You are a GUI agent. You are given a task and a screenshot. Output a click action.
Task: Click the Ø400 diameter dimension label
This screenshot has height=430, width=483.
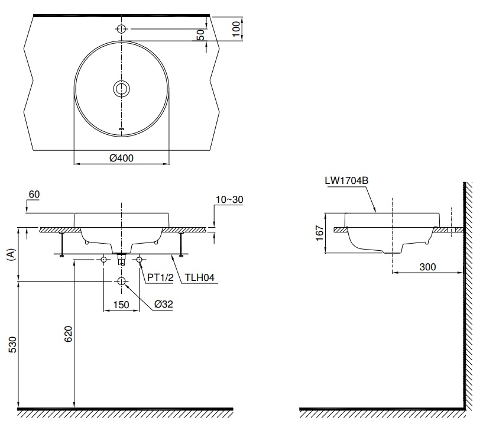coord(122,159)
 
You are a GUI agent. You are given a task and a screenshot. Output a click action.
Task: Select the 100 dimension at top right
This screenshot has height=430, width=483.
coord(237,28)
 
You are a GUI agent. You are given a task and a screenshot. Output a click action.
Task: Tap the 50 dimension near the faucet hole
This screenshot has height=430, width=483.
coord(202,35)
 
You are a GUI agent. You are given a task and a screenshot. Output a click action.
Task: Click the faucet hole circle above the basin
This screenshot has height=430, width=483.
coord(121,28)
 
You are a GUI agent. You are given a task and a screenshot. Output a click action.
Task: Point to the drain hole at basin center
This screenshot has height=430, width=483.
coord(121,89)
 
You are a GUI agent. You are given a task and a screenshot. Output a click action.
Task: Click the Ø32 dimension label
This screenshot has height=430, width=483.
coord(163,304)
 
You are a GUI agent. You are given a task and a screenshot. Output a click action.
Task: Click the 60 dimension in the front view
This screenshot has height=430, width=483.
coord(34,194)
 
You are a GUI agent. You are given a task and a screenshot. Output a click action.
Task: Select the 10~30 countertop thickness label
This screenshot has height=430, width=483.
coord(228,200)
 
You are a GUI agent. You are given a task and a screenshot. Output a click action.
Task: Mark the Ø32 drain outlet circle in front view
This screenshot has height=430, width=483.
coord(121,282)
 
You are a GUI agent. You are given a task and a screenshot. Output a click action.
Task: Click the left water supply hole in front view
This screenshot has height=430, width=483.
coord(104,260)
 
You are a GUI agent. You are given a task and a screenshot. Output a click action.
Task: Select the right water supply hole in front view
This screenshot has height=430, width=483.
coord(140,260)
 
